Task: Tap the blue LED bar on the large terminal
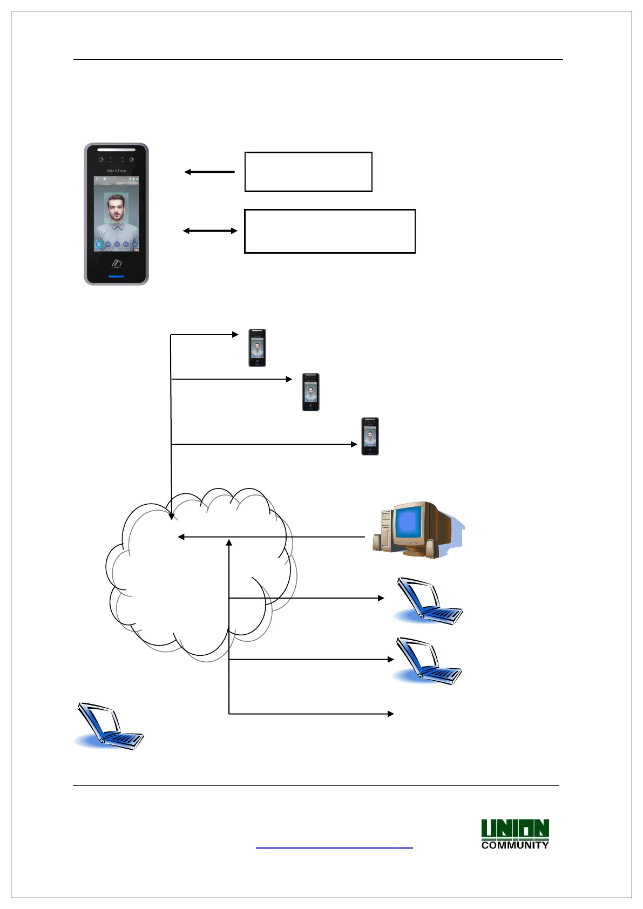point(116,277)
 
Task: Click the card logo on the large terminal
point(116,263)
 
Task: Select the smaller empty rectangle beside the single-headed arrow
point(308,172)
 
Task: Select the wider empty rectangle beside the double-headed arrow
point(330,231)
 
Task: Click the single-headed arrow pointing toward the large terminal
point(209,172)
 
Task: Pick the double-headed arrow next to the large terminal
point(210,231)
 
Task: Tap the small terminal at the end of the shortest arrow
point(257,348)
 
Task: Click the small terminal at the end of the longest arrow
point(370,436)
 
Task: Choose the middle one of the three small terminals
point(310,392)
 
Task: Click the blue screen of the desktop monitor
point(409,523)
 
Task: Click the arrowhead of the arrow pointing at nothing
point(391,714)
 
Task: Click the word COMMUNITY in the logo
point(515,845)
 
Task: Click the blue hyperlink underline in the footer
point(334,848)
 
